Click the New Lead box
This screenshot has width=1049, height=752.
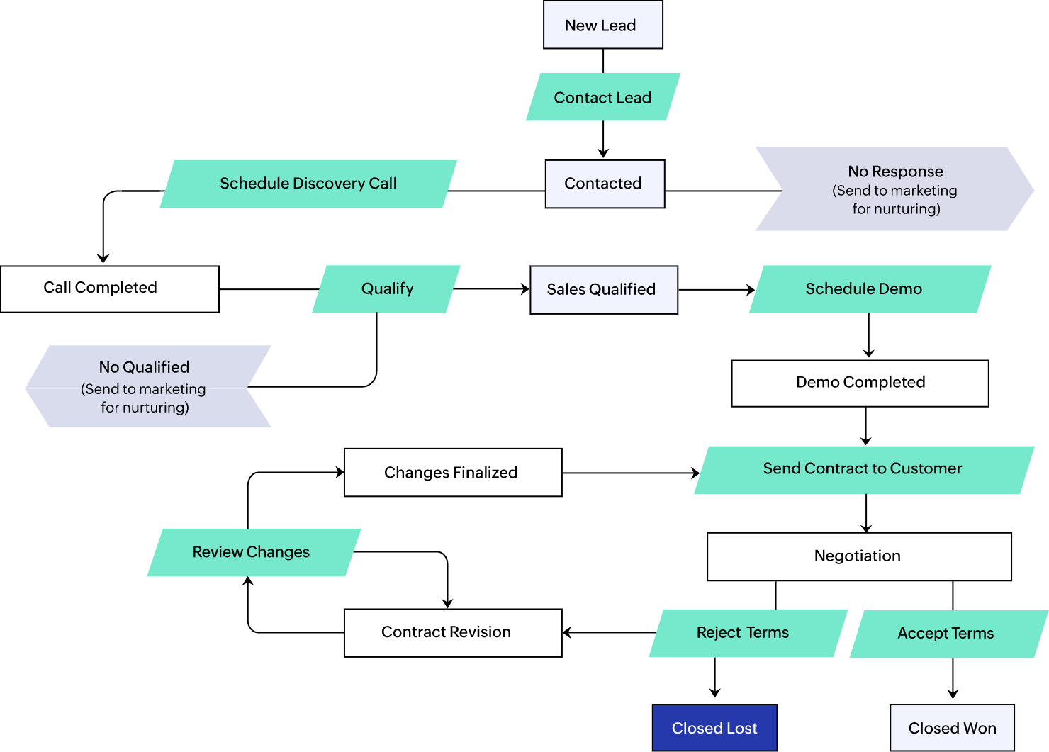(602, 25)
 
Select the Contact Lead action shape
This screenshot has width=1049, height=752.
(602, 97)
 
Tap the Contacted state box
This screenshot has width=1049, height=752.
(605, 184)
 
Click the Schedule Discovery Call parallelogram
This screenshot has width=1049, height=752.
(308, 184)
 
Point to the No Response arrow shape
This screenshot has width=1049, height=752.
(894, 189)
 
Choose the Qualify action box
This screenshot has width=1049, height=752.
(386, 289)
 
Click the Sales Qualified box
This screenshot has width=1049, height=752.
(604, 290)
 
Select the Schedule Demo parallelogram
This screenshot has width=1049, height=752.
(870, 289)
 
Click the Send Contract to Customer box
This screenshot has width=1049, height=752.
(863, 469)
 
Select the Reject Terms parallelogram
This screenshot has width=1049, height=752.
(747, 633)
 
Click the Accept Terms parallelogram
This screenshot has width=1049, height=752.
(948, 634)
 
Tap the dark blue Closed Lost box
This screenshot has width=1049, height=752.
(714, 728)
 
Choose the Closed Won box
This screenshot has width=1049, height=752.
(952, 728)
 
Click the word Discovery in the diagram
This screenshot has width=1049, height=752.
(328, 184)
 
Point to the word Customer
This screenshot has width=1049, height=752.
(926, 468)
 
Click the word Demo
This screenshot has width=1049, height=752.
(902, 289)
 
